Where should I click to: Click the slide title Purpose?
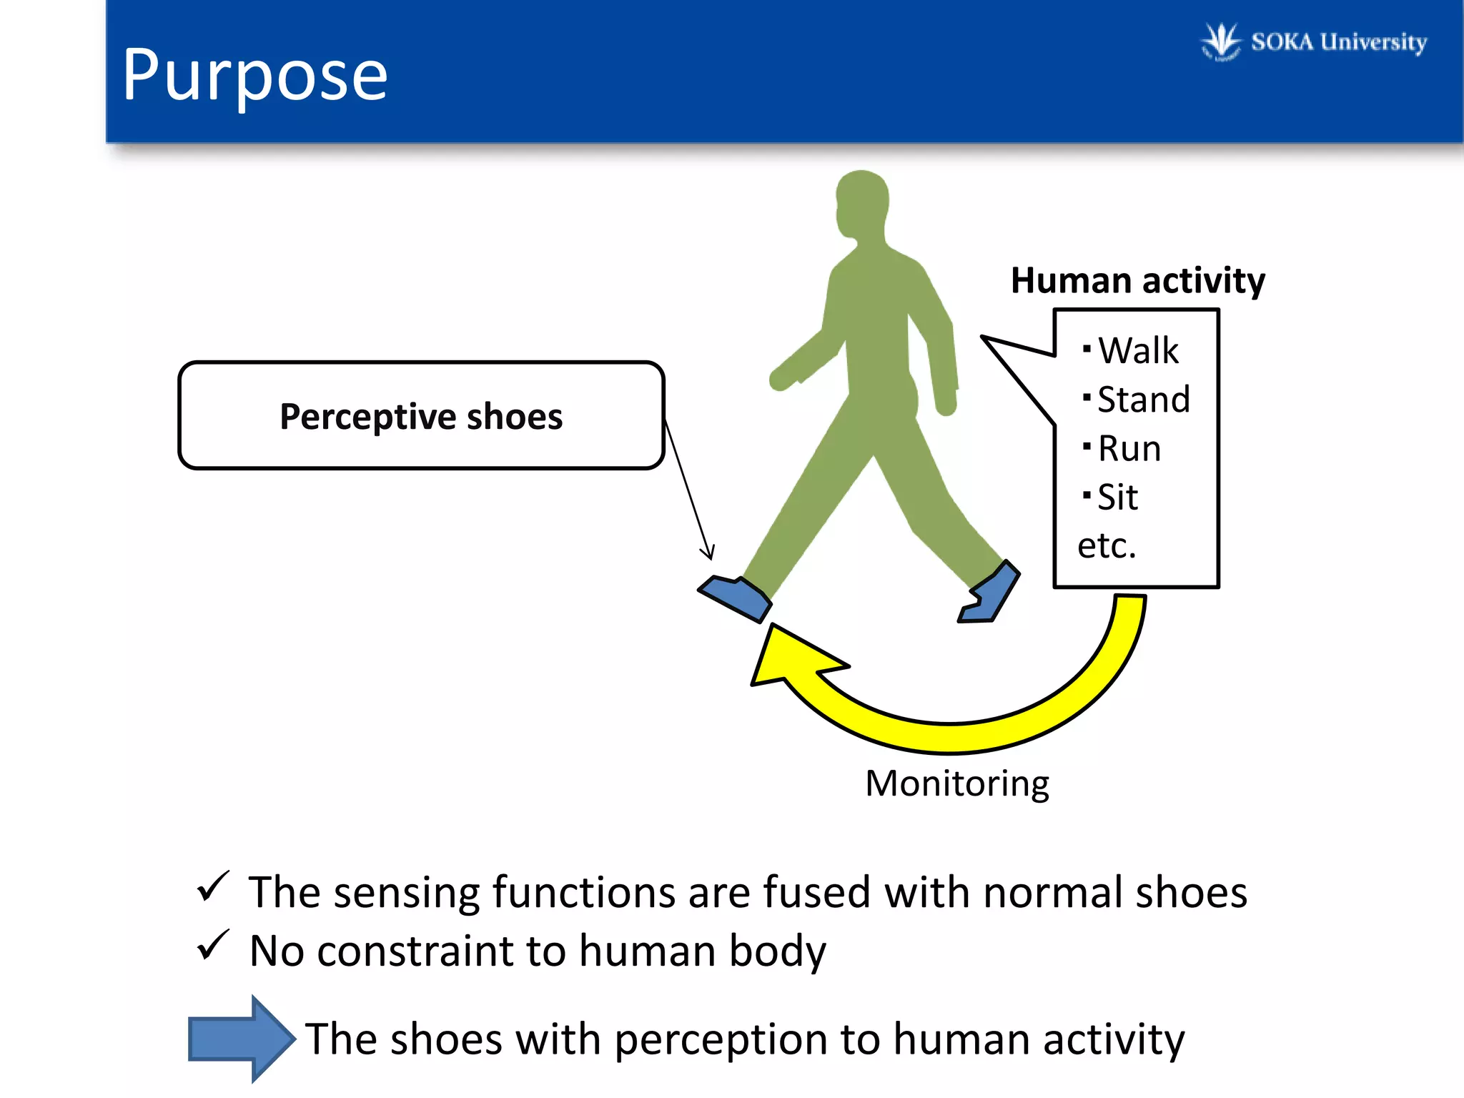point(255,75)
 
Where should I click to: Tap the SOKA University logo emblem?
point(1220,41)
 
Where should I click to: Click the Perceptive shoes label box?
point(421,416)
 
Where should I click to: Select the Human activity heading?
point(1137,280)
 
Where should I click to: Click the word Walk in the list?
point(1138,351)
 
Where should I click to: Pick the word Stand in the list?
point(1144,400)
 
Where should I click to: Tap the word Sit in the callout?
point(1117,498)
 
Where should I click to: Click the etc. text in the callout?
point(1107,546)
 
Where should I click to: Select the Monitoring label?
point(956,783)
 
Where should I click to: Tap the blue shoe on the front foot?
point(735,596)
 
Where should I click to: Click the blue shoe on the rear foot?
point(991,593)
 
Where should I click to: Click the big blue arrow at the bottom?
point(242,1038)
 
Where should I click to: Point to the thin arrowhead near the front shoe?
point(708,552)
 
